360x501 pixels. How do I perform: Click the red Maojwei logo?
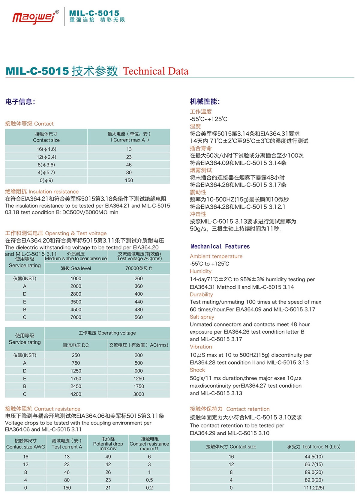(x=34, y=17)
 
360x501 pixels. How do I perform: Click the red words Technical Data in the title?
(x=156, y=71)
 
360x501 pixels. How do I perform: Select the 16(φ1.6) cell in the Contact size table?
(x=46, y=149)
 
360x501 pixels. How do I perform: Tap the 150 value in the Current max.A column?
(x=129, y=180)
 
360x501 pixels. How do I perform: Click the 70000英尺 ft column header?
(x=139, y=268)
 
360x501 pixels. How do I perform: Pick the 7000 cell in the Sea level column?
(x=76, y=317)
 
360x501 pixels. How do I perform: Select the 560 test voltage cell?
(x=139, y=317)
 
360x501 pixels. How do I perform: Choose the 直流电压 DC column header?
(x=76, y=345)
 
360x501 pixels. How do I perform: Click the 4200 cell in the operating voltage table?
(x=76, y=394)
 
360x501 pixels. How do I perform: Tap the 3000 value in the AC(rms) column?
(x=139, y=394)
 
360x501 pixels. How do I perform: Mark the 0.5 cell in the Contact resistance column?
(x=149, y=480)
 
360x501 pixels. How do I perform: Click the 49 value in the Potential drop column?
(x=108, y=456)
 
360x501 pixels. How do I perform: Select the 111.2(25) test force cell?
(x=314, y=488)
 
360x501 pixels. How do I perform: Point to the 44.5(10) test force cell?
(x=314, y=456)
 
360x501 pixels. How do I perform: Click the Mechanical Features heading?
(x=220, y=246)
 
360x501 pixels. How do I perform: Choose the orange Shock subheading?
(x=197, y=370)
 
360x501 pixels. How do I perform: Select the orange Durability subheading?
(x=201, y=294)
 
